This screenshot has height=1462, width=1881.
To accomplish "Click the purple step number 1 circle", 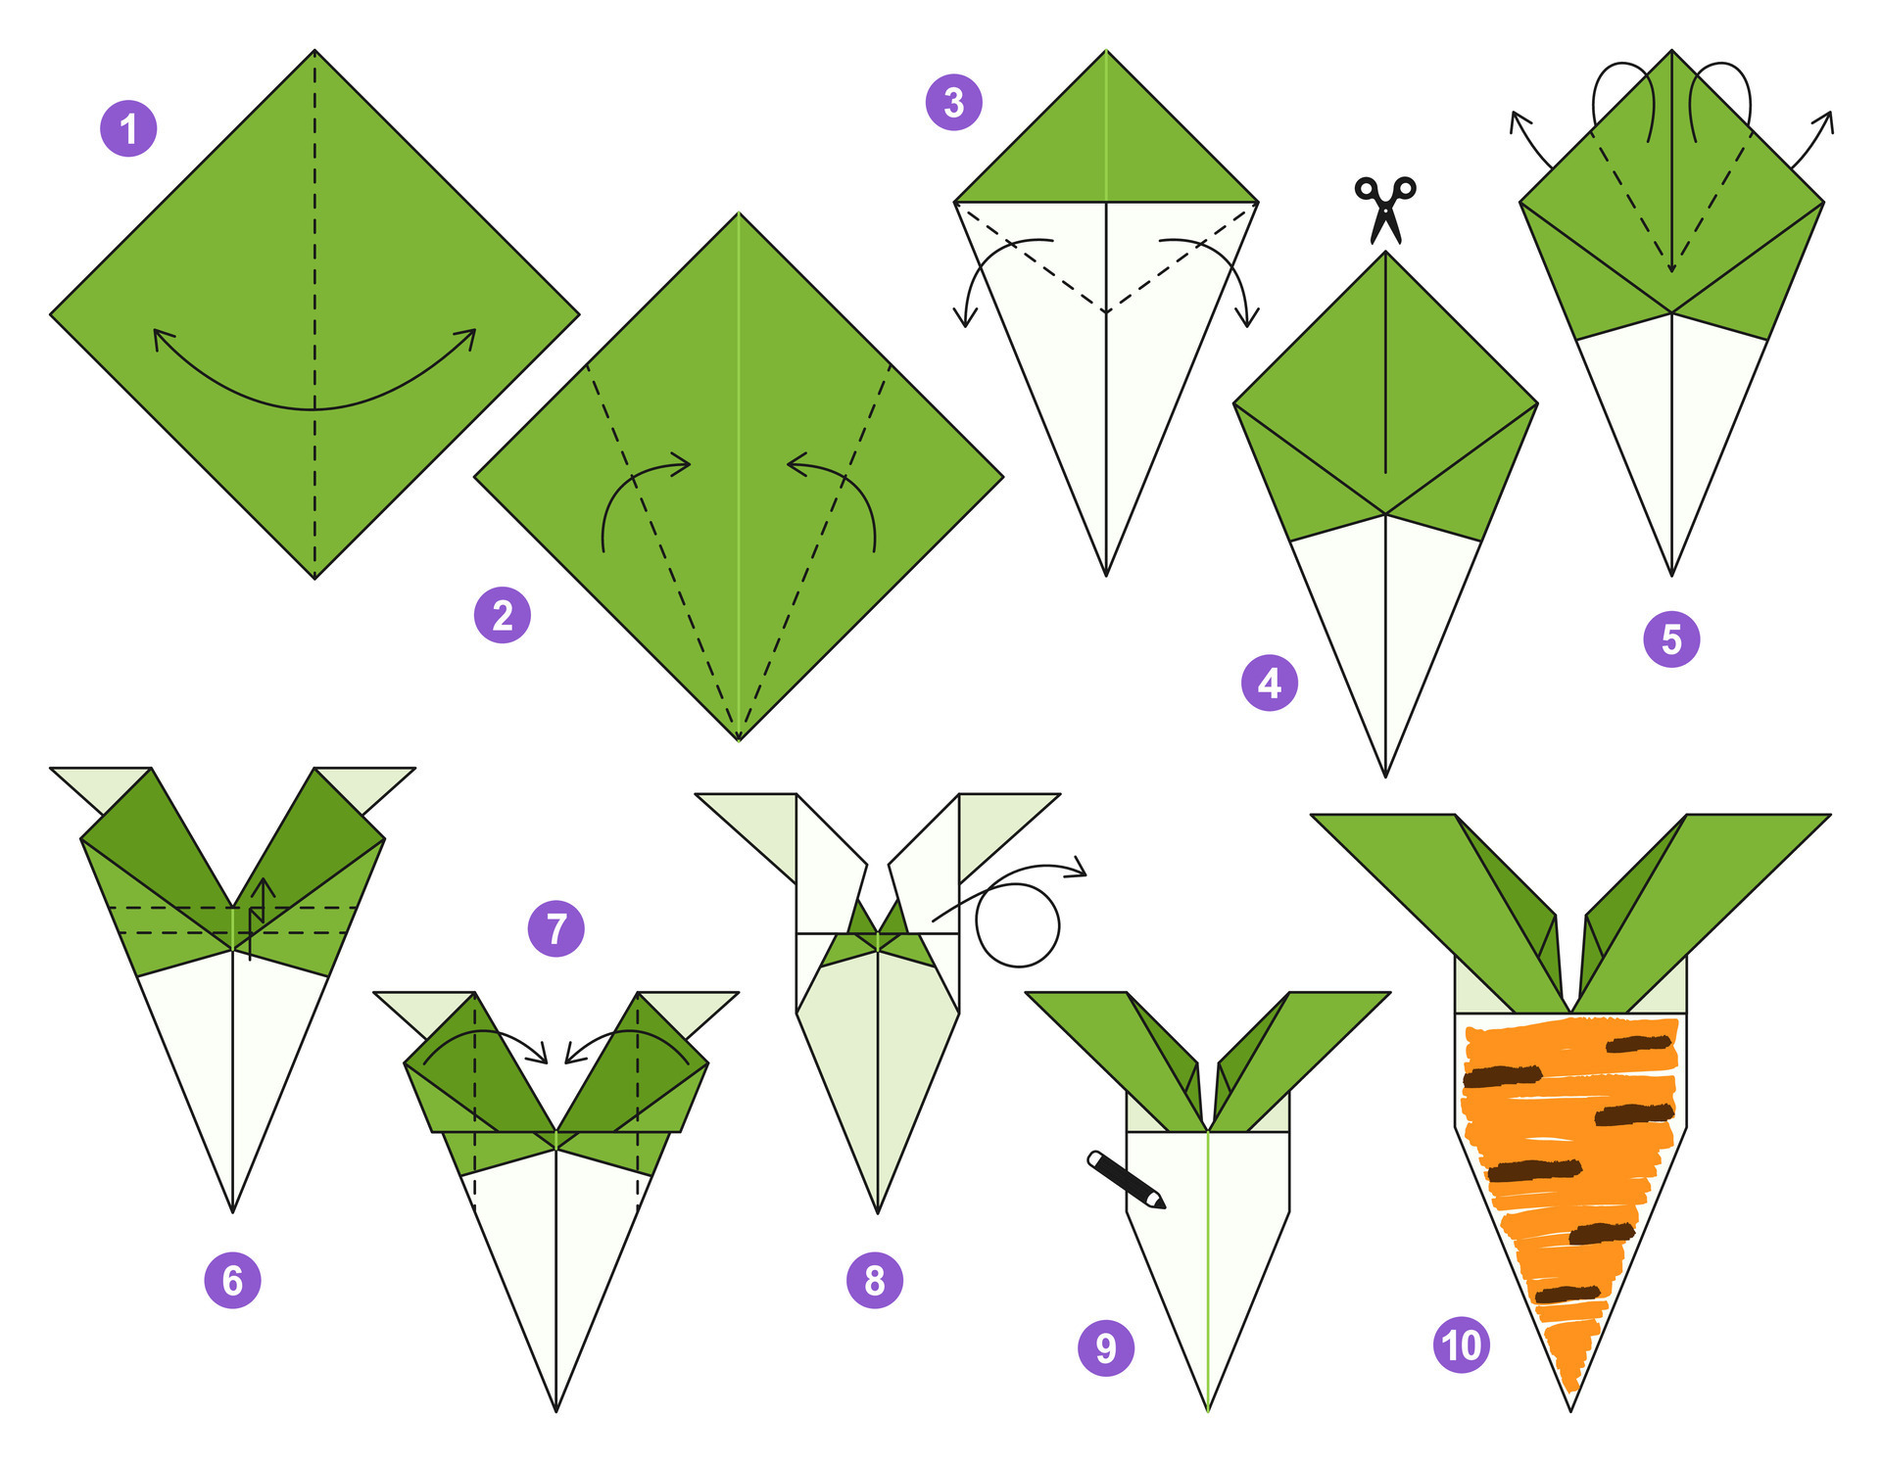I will [128, 128].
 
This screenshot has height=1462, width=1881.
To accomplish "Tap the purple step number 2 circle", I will [503, 615].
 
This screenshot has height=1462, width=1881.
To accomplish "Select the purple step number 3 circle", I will [953, 102].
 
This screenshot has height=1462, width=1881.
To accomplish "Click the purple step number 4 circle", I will [1270, 683].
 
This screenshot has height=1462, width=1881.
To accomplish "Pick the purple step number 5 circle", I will [1671, 638].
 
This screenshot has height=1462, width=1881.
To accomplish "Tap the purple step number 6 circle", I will [232, 1280].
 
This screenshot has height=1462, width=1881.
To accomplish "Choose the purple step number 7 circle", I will [556, 927].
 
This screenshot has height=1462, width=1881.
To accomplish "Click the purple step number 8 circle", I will [875, 1280].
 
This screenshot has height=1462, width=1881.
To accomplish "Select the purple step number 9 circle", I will [1106, 1347].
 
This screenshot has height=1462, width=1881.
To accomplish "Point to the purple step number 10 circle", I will [1462, 1344].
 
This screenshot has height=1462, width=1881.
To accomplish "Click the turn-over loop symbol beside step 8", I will [1018, 924].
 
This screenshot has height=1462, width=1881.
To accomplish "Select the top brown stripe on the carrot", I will [1638, 1044].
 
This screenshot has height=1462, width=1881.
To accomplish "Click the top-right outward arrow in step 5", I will [1822, 122].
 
